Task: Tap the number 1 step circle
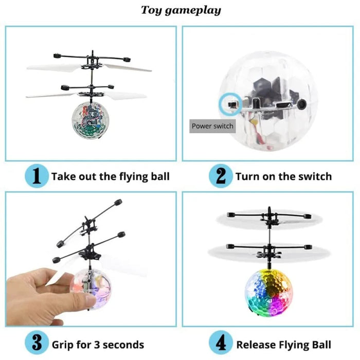click(x=37, y=176)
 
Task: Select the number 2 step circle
click(x=221, y=176)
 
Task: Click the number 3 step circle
click(x=37, y=344)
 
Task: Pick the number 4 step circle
click(x=221, y=344)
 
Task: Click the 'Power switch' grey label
click(x=212, y=126)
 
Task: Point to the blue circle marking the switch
click(x=227, y=104)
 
